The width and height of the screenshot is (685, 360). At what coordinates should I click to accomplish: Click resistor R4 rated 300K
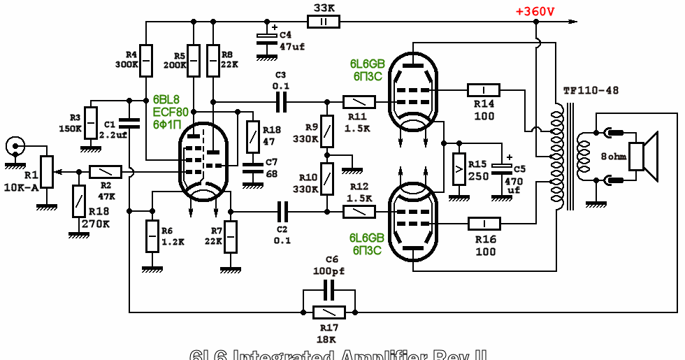click(145, 61)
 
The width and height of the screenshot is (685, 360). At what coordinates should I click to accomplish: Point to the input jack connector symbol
click(14, 146)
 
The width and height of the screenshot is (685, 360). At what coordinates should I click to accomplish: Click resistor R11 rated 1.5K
click(359, 102)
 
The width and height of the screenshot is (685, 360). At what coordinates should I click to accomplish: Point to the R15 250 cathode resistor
click(459, 168)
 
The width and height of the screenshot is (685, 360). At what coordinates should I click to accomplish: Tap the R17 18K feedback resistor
click(329, 312)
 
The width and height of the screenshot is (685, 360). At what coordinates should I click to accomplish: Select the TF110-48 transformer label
click(591, 91)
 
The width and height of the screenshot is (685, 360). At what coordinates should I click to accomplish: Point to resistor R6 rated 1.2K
click(150, 236)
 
